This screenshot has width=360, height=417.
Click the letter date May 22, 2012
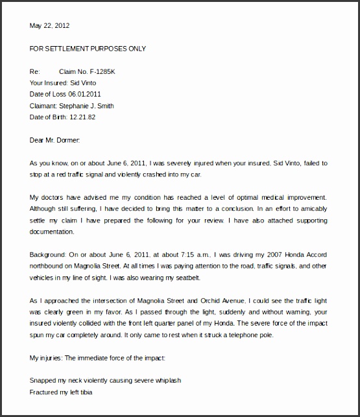pyautogui.click(x=49, y=26)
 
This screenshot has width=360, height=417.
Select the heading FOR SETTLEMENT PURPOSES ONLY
pyautogui.click(x=88, y=49)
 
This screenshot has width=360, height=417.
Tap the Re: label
pyautogui.click(x=35, y=71)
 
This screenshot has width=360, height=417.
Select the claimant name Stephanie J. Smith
pyautogui.click(x=91, y=105)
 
